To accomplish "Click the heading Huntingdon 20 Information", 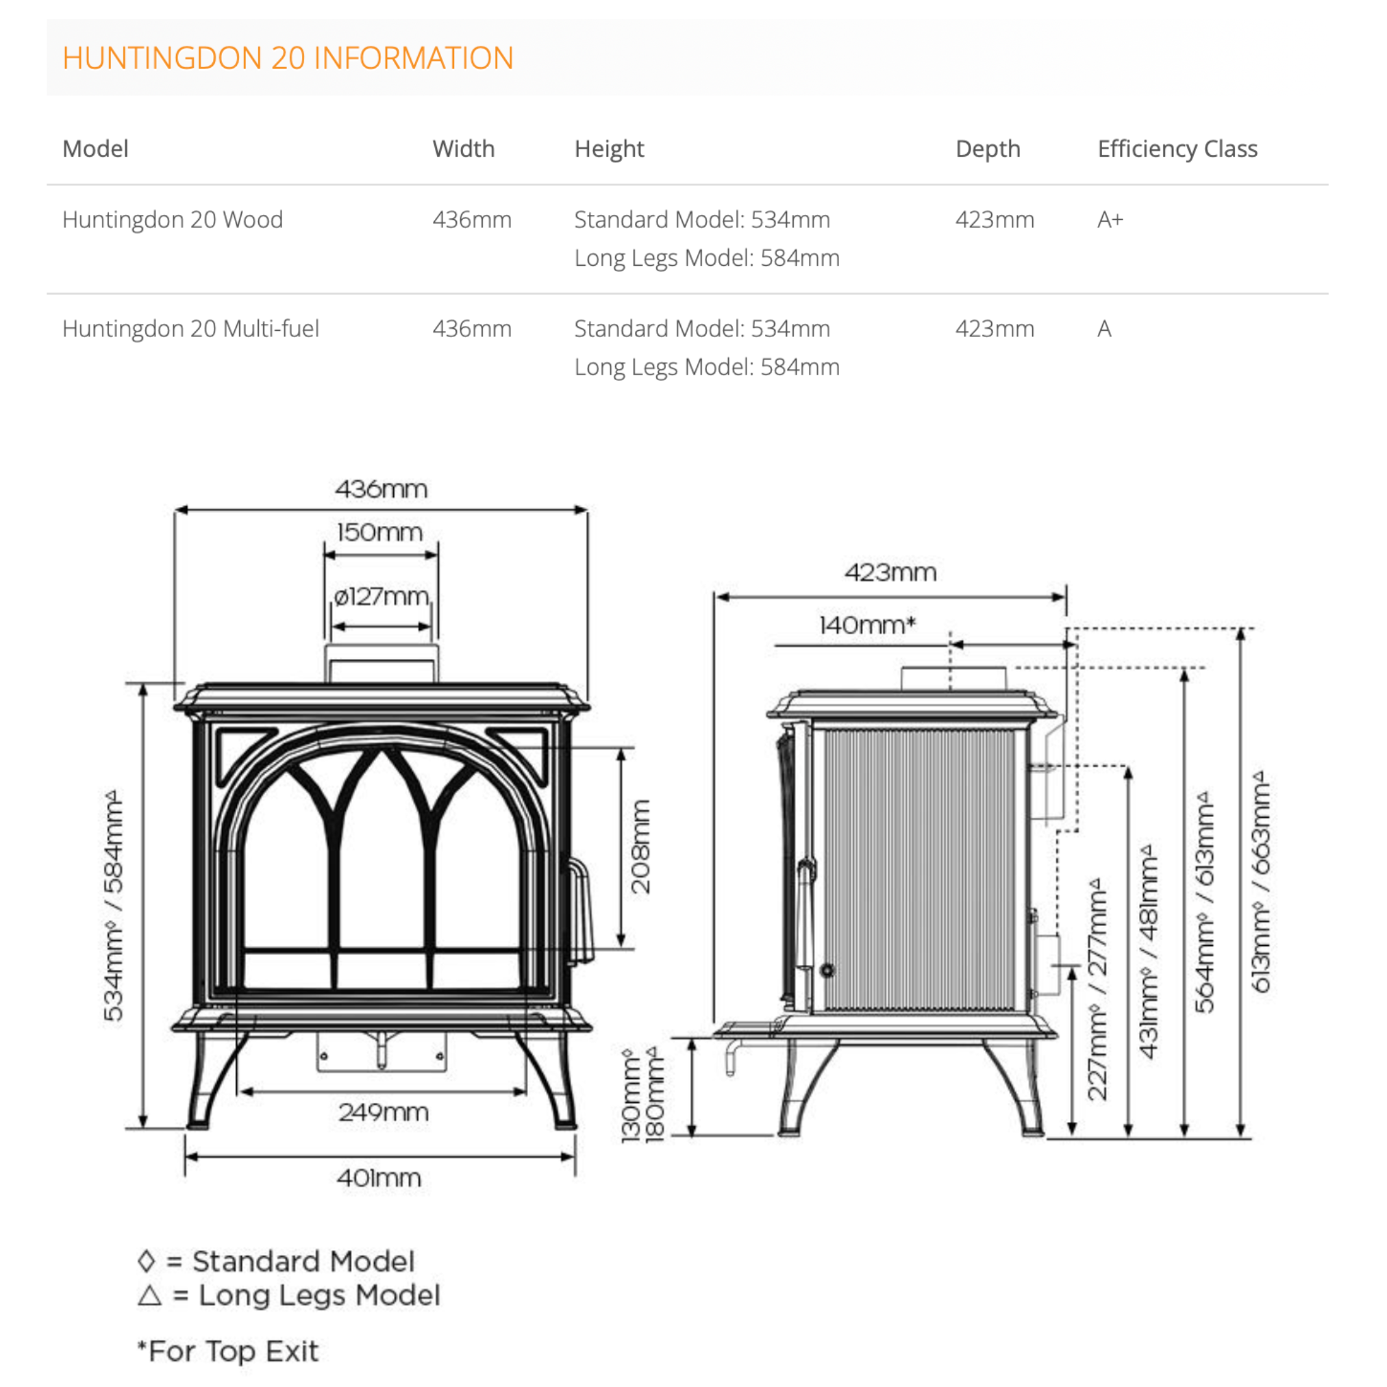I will click(288, 58).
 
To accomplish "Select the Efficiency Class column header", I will click(1177, 149).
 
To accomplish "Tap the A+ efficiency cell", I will click(1109, 220).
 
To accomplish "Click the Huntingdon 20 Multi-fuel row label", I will click(190, 329).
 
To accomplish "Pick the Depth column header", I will click(987, 149).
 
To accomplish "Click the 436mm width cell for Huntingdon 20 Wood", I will click(472, 220).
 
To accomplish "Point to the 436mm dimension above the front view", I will click(382, 490).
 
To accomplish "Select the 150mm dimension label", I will click(379, 533).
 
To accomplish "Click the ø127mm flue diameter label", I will click(382, 597).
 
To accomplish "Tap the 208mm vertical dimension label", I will click(640, 847).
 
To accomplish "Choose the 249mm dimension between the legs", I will click(384, 1112).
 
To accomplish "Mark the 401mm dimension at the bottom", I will click(379, 1178).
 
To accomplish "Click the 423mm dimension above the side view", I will click(890, 573).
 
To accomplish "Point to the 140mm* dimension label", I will click(867, 625).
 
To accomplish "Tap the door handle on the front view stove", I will click(582, 909).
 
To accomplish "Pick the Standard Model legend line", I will click(277, 1262).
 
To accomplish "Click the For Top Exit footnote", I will click(228, 1351).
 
